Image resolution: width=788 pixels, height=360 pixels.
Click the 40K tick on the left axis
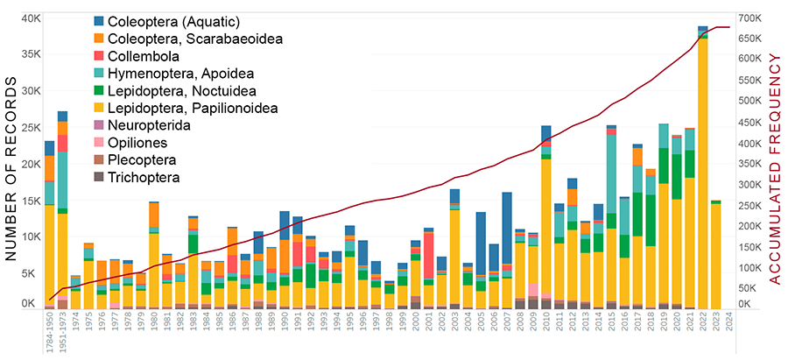pyautogui.click(x=31, y=18)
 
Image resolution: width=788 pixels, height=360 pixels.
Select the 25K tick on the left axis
pyautogui.click(x=31, y=128)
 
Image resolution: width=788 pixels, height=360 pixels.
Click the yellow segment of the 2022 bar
pyautogui.click(x=702, y=175)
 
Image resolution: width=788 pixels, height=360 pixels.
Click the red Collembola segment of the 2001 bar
pyautogui.click(x=429, y=254)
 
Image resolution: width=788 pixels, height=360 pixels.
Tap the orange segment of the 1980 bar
pyautogui.click(x=154, y=215)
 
